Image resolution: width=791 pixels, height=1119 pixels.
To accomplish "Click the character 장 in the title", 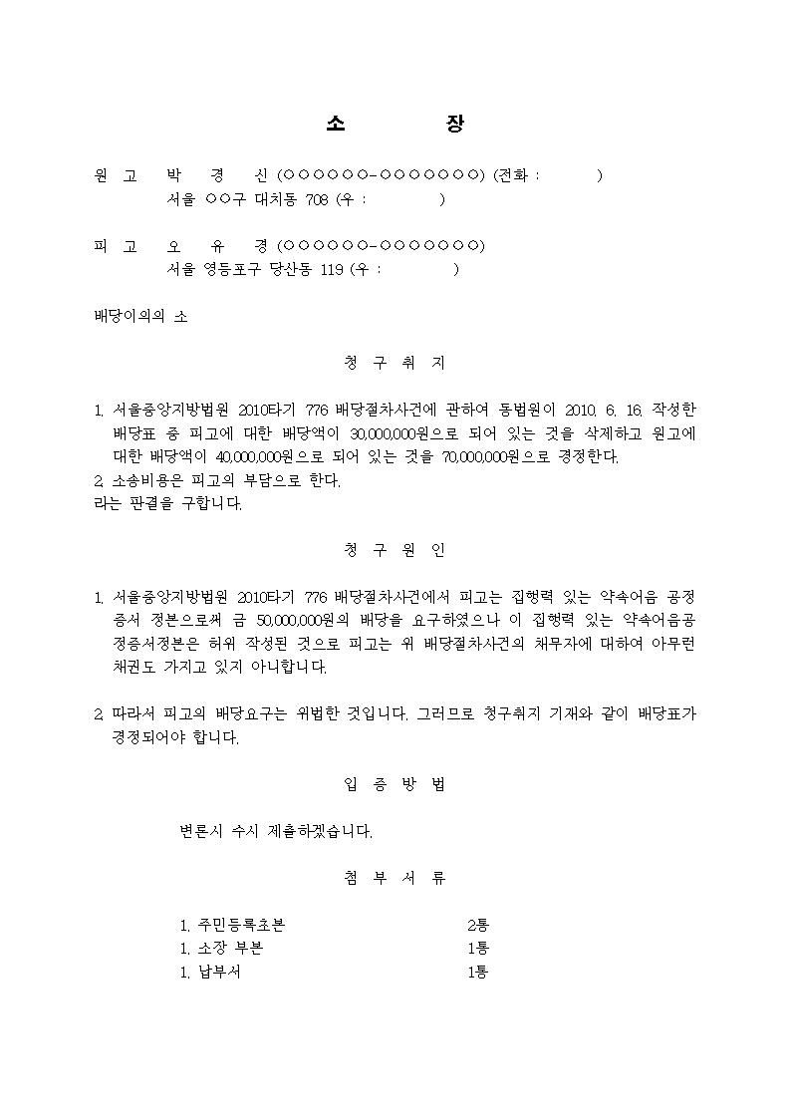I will [x=455, y=124].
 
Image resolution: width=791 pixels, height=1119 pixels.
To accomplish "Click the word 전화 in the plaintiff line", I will [x=514, y=175].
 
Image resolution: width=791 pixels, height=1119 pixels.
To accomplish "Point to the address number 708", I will [x=316, y=199].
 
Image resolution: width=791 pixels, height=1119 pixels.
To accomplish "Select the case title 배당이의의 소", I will [x=140, y=317].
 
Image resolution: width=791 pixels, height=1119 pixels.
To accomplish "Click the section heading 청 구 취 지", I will [x=395, y=364].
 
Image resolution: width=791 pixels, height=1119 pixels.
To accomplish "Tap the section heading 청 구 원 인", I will [x=395, y=550].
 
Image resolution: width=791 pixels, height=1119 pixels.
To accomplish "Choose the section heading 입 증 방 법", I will [x=395, y=784].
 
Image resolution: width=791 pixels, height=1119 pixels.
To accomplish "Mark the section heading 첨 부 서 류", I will [x=395, y=878].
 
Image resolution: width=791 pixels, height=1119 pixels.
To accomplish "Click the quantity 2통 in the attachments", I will [x=478, y=925].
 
